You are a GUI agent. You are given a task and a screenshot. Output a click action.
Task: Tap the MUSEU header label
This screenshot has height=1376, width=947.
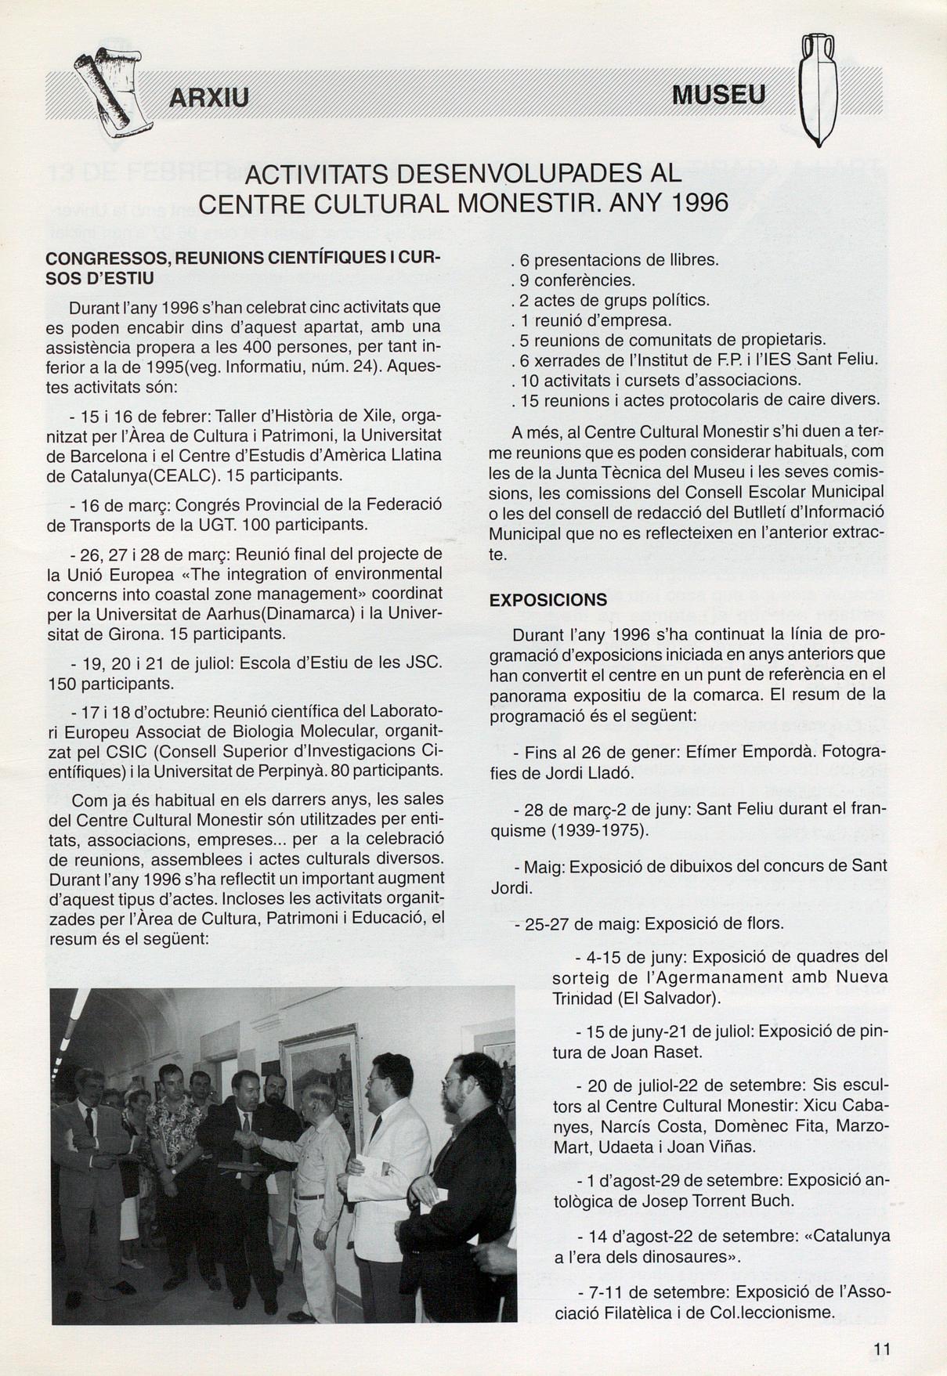click(718, 96)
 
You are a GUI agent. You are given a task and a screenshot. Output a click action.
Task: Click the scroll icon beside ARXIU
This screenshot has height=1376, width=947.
click(110, 93)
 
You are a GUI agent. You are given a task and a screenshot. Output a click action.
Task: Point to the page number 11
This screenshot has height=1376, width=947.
click(882, 1349)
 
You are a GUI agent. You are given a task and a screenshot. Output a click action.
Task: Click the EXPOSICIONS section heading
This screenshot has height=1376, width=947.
click(548, 600)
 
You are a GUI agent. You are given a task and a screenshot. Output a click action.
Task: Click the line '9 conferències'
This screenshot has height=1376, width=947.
click(573, 280)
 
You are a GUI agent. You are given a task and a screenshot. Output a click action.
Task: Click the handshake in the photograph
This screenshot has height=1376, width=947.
click(248, 1139)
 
